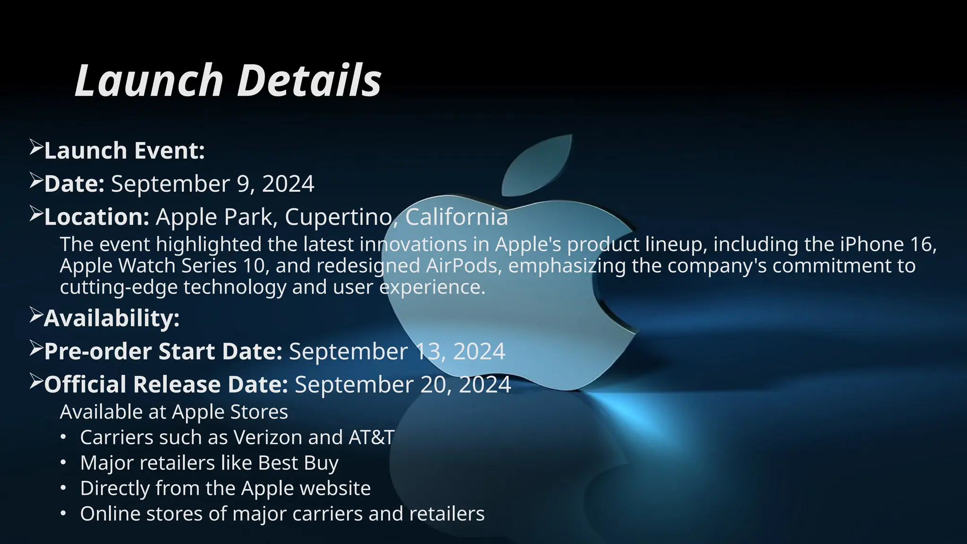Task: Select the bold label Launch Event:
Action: tap(124, 151)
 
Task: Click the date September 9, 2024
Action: tap(212, 184)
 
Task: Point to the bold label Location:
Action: tap(97, 217)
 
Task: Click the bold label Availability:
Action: tap(112, 318)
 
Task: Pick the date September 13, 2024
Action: tap(397, 352)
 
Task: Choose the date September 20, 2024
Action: tap(403, 385)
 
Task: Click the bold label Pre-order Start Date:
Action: tap(163, 352)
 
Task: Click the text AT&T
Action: tap(371, 438)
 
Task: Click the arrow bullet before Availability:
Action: tap(36, 315)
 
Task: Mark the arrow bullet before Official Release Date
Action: tap(36, 381)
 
